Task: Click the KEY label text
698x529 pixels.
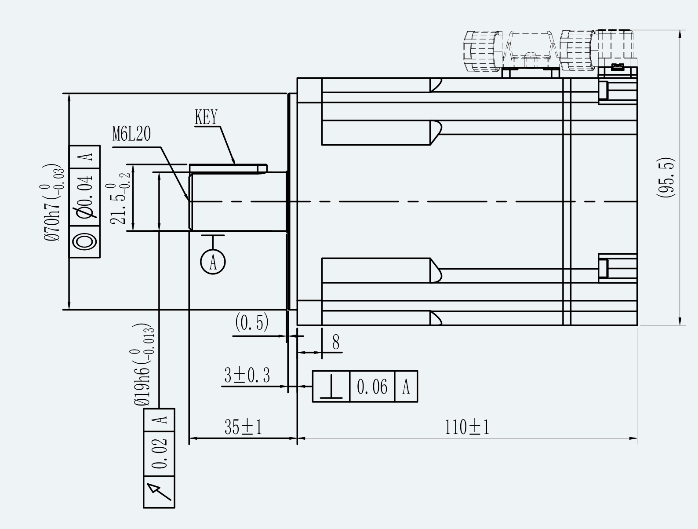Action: [206, 117]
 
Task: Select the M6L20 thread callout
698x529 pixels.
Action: [132, 134]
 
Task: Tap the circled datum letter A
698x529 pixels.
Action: [213, 262]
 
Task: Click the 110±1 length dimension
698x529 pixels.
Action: [467, 427]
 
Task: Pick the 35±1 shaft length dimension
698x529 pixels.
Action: [243, 427]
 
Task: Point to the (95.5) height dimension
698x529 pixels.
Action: [665, 178]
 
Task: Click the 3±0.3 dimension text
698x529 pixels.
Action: [247, 375]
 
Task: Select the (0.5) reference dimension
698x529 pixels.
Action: [252, 322]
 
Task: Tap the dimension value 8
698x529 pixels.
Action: [336, 342]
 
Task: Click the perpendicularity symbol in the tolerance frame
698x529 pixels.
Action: [331, 387]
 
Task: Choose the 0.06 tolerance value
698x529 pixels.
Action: [372, 387]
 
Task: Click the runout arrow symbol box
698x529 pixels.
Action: [159, 492]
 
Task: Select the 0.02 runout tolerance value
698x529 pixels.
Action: [159, 454]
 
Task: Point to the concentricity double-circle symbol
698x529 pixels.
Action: [84, 242]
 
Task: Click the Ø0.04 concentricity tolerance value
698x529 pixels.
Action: [84, 197]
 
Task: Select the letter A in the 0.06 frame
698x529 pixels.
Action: [406, 387]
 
